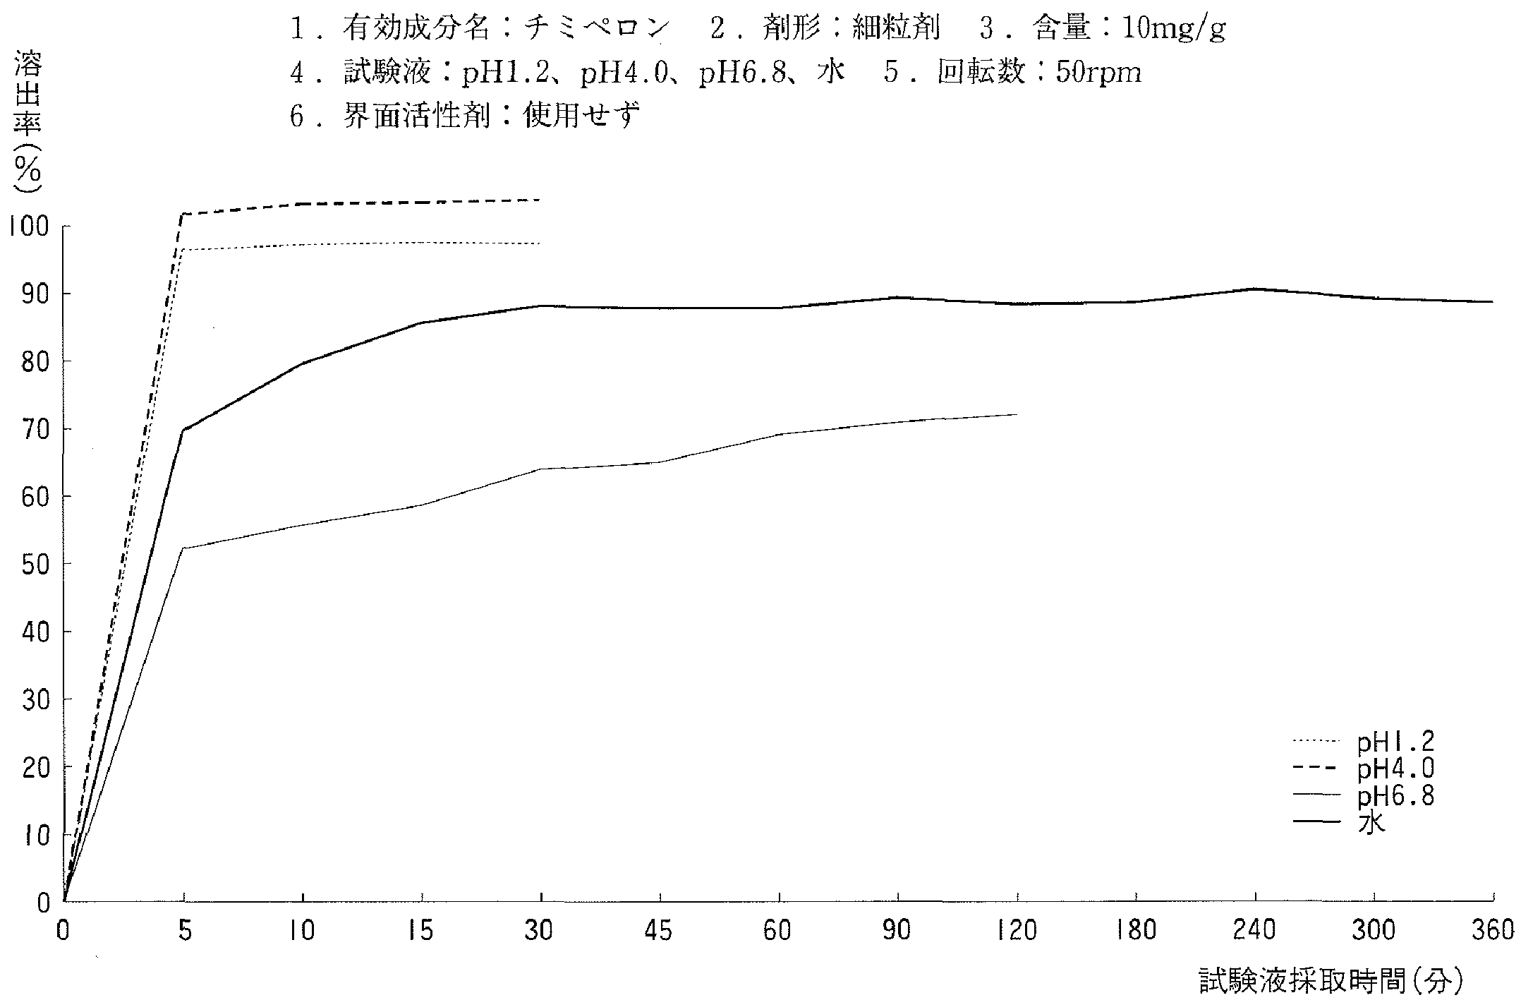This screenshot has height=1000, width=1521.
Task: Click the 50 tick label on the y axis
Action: click(x=32, y=564)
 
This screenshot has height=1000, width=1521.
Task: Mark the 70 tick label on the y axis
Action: click(x=32, y=429)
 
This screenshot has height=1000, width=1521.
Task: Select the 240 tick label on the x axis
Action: click(x=1256, y=931)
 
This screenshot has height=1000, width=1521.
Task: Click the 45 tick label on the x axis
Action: click(x=660, y=931)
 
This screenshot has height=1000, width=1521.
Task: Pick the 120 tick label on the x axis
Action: click(x=1017, y=931)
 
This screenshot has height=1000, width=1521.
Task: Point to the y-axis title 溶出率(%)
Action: click(x=28, y=124)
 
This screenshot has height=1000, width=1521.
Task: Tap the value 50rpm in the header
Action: click(x=1097, y=73)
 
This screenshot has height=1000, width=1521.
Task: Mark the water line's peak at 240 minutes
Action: click(x=1256, y=289)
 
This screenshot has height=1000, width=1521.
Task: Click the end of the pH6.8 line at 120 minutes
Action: click(x=1017, y=414)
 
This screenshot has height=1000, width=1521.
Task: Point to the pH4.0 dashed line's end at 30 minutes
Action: click(x=540, y=200)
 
